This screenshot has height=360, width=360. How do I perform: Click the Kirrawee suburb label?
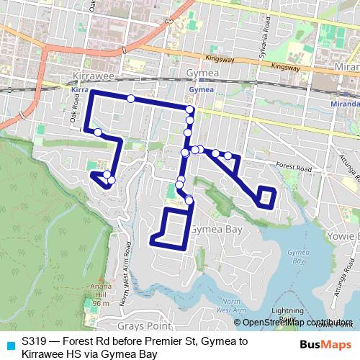[x=90, y=75]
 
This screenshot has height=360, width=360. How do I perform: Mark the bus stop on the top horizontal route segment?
[x=130, y=99]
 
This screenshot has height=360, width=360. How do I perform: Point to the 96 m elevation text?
[x=99, y=303]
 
